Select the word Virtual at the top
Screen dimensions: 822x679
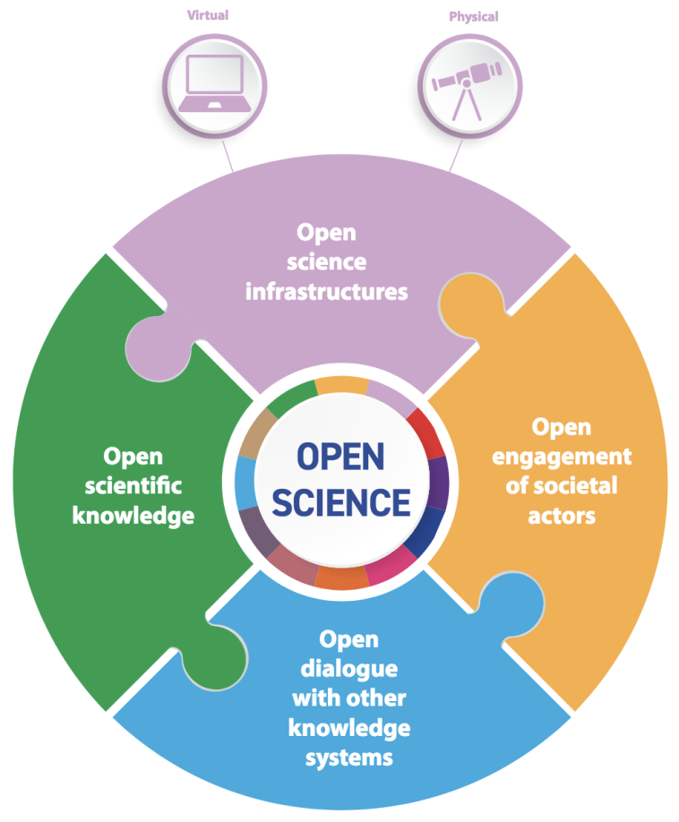207,15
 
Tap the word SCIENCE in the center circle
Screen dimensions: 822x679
340,501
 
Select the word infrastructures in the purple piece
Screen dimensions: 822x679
326,292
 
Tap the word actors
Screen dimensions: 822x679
563,517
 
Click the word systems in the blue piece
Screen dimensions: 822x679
348,758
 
